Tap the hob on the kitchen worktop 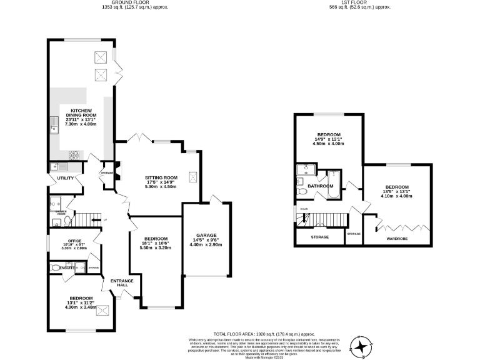click(x=74, y=154)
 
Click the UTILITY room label click(x=66, y=179)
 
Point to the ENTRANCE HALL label click(x=122, y=283)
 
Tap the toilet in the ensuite click(x=56, y=268)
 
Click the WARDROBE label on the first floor click(x=396, y=238)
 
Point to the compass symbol click(x=361, y=345)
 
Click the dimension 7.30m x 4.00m click(x=81, y=124)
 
